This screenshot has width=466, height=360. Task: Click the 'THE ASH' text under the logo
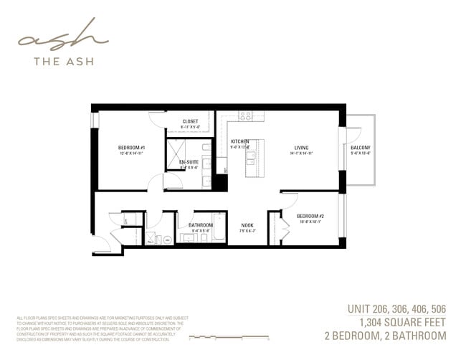click(x=62, y=62)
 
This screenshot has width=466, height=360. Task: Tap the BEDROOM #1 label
click(x=131, y=148)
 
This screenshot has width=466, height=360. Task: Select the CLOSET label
click(x=190, y=121)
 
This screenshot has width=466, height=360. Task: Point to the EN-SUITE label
click(x=189, y=162)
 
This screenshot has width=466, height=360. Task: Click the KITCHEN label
click(x=239, y=141)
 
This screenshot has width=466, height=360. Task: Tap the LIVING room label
click(x=301, y=148)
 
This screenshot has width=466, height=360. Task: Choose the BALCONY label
click(x=361, y=148)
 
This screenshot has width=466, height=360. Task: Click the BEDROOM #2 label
click(x=310, y=216)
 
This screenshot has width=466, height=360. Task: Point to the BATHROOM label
click(x=200, y=225)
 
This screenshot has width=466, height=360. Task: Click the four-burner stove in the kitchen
click(x=245, y=115)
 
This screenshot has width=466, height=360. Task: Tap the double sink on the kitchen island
click(x=252, y=157)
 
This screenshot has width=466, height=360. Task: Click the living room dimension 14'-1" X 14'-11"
click(x=301, y=153)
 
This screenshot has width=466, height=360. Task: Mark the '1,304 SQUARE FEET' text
click(x=403, y=322)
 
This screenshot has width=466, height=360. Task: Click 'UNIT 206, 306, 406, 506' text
click(x=396, y=309)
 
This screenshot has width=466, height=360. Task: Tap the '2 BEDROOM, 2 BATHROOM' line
click(x=385, y=336)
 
